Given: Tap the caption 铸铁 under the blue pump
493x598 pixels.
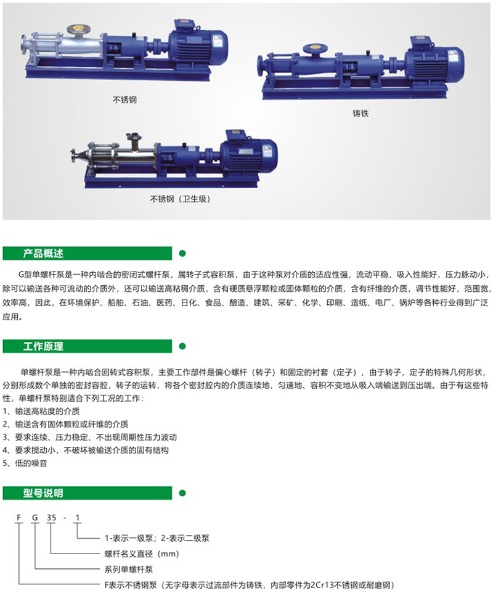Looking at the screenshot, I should click(360, 114).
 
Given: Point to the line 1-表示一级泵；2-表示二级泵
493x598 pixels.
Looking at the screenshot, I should click(156, 538).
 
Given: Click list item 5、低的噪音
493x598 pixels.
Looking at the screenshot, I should click(28, 463).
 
